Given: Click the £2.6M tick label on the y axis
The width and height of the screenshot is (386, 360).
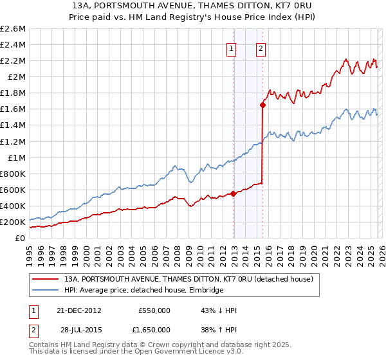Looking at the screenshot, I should pos(13,29).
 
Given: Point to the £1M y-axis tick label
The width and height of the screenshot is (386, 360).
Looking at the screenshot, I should pos(15,157).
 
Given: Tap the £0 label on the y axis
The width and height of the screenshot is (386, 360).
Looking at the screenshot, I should pos(21,239).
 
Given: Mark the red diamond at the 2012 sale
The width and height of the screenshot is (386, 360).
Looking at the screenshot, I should pos(233,194).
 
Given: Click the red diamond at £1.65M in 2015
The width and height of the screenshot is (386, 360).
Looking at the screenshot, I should pos(262,104).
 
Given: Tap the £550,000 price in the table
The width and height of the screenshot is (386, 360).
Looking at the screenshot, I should pos(154,310).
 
